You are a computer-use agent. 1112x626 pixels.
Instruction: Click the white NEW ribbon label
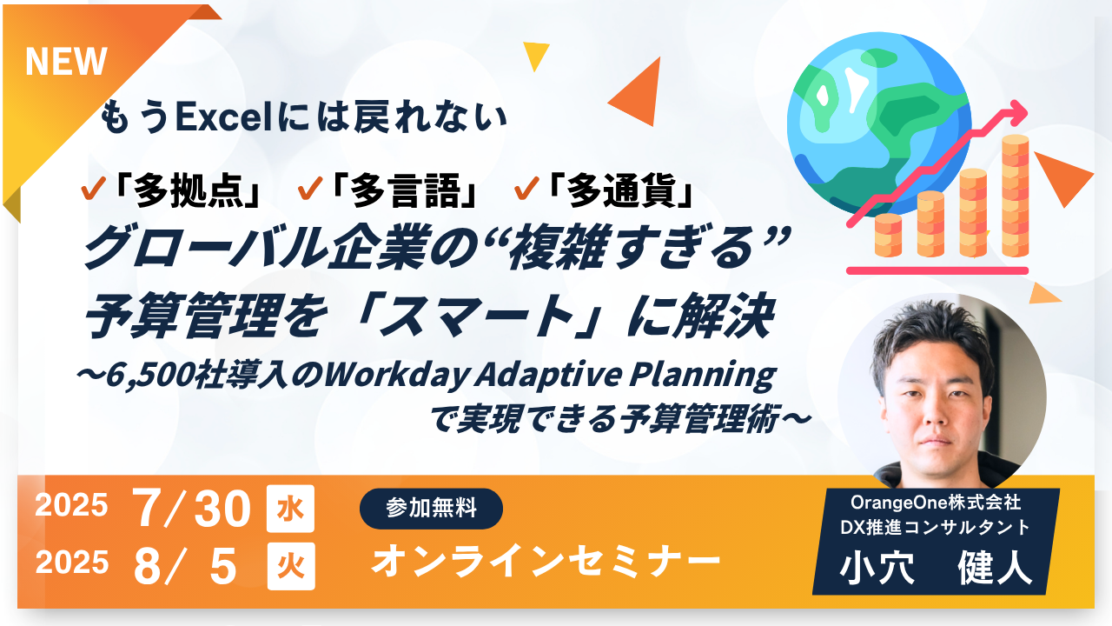click(66, 62)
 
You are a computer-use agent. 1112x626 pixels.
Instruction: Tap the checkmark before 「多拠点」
click(93, 189)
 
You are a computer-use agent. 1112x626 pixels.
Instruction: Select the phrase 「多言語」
click(405, 190)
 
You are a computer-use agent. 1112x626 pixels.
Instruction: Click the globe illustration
click(879, 124)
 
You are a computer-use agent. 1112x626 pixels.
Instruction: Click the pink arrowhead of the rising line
click(1016, 113)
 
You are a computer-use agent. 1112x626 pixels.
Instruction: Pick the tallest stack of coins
click(1016, 196)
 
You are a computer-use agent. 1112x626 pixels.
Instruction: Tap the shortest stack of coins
click(888, 235)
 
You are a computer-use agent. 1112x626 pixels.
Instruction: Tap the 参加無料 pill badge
click(431, 509)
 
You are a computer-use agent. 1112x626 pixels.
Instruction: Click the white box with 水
click(290, 509)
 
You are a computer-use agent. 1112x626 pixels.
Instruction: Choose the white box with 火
click(291, 566)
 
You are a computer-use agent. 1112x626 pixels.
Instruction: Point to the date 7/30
click(192, 509)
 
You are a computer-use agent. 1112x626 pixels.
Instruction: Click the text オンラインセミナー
click(546, 562)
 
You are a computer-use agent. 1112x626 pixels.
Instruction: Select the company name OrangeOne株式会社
click(936, 503)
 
